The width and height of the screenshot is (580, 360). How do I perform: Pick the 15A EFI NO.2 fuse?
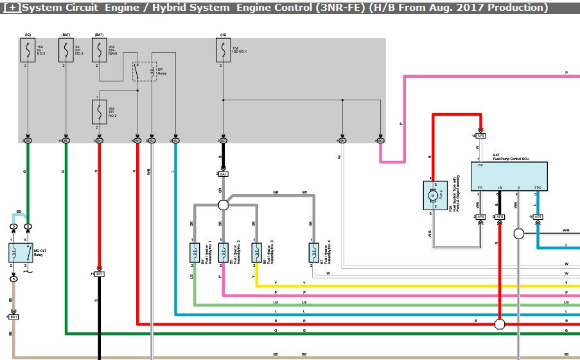point(99,113)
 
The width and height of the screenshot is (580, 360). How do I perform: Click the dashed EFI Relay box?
point(145,71)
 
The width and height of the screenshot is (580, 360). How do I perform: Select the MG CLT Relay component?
point(21,253)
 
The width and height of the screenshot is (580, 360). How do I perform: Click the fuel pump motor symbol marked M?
point(434,195)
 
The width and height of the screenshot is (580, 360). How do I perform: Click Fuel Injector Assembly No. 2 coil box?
point(222,253)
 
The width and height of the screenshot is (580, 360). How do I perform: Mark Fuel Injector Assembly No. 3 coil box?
point(256,253)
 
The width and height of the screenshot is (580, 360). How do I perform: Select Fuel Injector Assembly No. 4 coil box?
point(313,253)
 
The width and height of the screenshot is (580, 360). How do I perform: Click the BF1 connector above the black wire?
point(100,274)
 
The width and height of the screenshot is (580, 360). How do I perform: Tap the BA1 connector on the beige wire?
point(13,317)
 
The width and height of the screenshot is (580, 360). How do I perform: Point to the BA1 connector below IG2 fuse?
point(223,174)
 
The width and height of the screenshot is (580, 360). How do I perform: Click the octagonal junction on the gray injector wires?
point(223,205)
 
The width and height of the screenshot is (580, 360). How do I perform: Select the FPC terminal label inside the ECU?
point(538,187)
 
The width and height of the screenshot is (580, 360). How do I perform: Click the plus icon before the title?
point(12,8)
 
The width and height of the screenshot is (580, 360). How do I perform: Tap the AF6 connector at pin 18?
point(480,136)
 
